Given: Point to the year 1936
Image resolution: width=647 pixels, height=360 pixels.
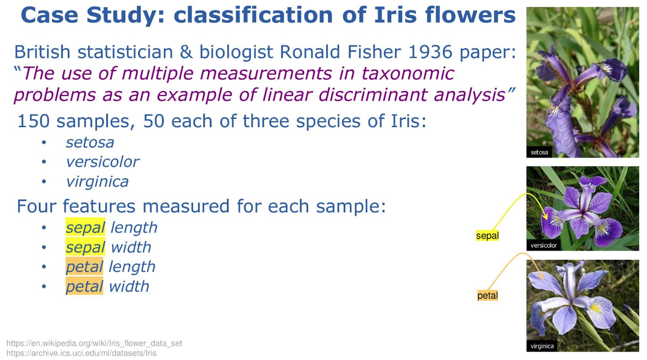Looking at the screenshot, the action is [x=430, y=52].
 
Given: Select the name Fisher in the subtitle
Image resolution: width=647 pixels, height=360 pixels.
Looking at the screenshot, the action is [x=374, y=52].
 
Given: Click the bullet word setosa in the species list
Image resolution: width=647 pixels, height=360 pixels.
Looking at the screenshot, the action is [x=90, y=142].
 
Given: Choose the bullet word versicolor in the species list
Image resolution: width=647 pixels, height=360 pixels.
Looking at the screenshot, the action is [x=103, y=162].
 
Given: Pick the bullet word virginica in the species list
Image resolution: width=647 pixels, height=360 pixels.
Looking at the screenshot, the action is [x=97, y=182].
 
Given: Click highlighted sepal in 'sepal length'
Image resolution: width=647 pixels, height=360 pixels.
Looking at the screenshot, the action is [x=85, y=227].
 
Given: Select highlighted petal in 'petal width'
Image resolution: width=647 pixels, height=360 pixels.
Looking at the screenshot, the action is [x=85, y=287].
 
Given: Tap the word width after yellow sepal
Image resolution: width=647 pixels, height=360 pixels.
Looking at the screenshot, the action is [x=131, y=247].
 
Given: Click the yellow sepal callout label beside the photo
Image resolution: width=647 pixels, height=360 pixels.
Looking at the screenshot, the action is [x=487, y=236].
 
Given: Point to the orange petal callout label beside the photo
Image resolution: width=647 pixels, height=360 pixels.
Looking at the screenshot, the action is [x=488, y=295].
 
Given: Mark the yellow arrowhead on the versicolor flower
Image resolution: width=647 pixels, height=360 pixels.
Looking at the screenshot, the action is [x=545, y=216].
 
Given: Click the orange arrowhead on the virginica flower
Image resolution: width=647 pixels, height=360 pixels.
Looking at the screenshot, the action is [x=540, y=275].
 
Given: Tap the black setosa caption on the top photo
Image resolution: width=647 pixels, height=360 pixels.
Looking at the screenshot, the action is [x=539, y=152].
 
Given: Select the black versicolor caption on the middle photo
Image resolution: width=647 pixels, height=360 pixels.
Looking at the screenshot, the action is [x=543, y=245].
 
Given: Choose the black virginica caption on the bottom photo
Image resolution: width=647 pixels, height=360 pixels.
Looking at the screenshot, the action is [x=542, y=346].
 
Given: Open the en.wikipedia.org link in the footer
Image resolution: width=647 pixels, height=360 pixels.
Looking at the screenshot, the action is [x=94, y=343].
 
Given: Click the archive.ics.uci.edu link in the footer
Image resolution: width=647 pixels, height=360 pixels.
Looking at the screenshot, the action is [x=81, y=353].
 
